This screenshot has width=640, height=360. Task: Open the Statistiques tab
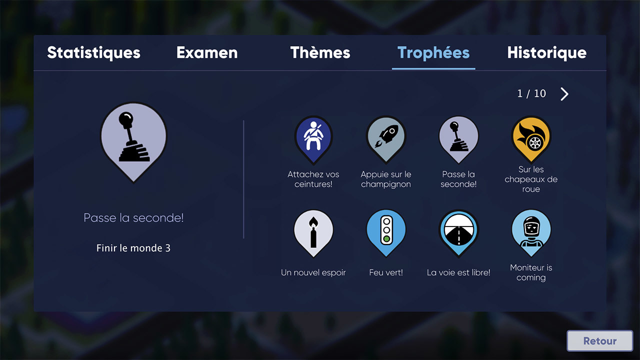(93, 53)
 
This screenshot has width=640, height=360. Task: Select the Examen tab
(207, 52)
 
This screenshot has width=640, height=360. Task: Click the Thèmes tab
(320, 52)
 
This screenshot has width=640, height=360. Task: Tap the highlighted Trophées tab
(433, 53)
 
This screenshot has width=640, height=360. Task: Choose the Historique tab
(547, 53)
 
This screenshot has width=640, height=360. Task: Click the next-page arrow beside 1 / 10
(564, 94)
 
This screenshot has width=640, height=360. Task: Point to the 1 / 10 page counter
(531, 93)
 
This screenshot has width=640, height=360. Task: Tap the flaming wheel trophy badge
(531, 139)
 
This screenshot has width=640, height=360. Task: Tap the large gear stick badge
(133, 142)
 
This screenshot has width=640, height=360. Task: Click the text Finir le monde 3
(133, 248)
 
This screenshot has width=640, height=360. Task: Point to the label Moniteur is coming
(531, 272)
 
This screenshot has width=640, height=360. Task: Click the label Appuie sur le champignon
(386, 179)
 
